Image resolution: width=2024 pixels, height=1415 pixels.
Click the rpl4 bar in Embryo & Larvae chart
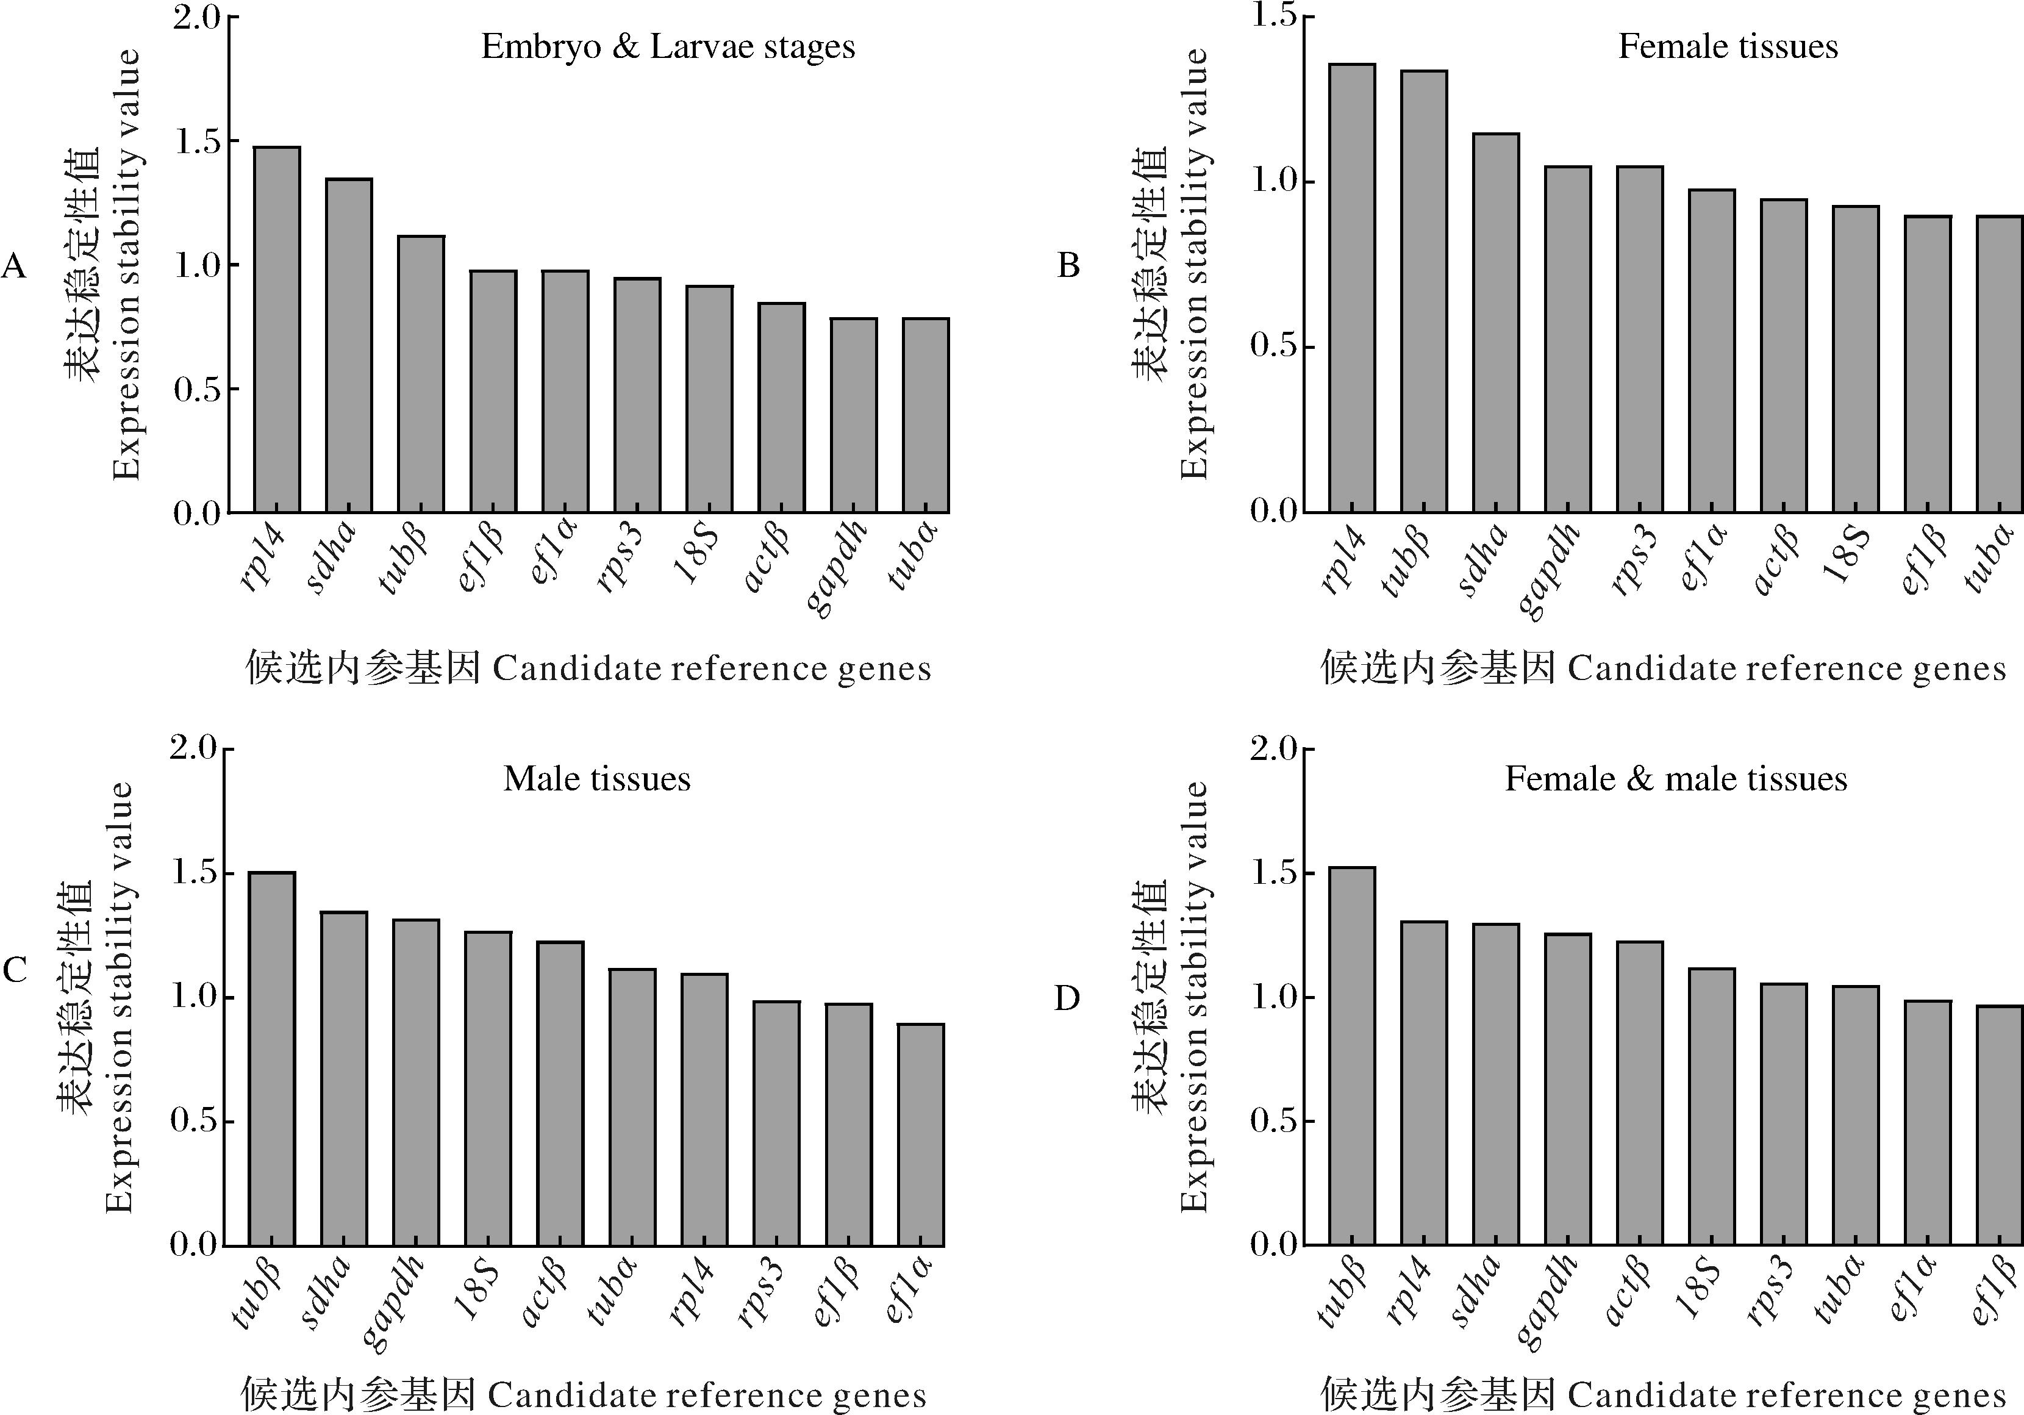[277, 330]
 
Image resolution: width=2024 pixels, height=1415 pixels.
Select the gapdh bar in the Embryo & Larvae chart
[853, 415]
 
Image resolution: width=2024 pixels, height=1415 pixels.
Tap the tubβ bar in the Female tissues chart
[1424, 291]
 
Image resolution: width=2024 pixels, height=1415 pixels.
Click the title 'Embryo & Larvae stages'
[668, 47]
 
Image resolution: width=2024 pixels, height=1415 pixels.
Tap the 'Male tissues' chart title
[597, 778]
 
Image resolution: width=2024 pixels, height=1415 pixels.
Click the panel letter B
[1068, 265]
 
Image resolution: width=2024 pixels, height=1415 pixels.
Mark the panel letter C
[15, 970]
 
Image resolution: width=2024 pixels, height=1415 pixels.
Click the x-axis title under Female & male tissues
[1662, 1395]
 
